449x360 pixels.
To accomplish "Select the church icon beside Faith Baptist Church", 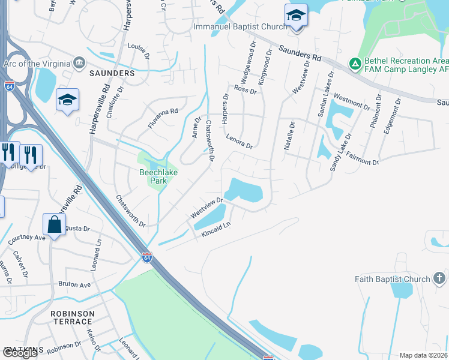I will pyautogui.click(x=439, y=278).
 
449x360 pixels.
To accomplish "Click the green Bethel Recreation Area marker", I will pyautogui.click(x=355, y=62).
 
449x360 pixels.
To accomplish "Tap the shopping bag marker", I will pyautogui.click(x=54, y=225).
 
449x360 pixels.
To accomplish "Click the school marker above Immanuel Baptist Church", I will pyautogui.click(x=296, y=15).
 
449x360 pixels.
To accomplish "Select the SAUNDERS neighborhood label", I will pyautogui.click(x=112, y=73).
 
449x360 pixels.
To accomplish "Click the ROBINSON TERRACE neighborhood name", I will pyautogui.click(x=73, y=317).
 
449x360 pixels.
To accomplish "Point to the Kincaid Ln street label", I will pyautogui.click(x=217, y=229).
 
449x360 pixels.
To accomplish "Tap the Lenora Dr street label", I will pyautogui.click(x=240, y=142).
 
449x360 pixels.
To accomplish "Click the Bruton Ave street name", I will pyautogui.click(x=74, y=284).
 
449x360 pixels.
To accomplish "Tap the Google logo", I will pyautogui.click(x=19, y=353).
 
